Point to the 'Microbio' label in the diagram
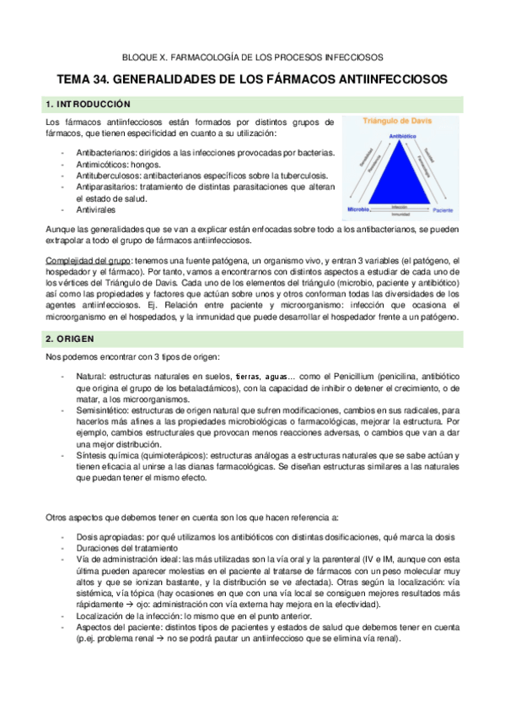point(357,208)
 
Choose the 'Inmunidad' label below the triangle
point(400,214)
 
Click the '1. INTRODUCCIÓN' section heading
point(88,104)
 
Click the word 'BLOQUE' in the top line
point(142,57)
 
